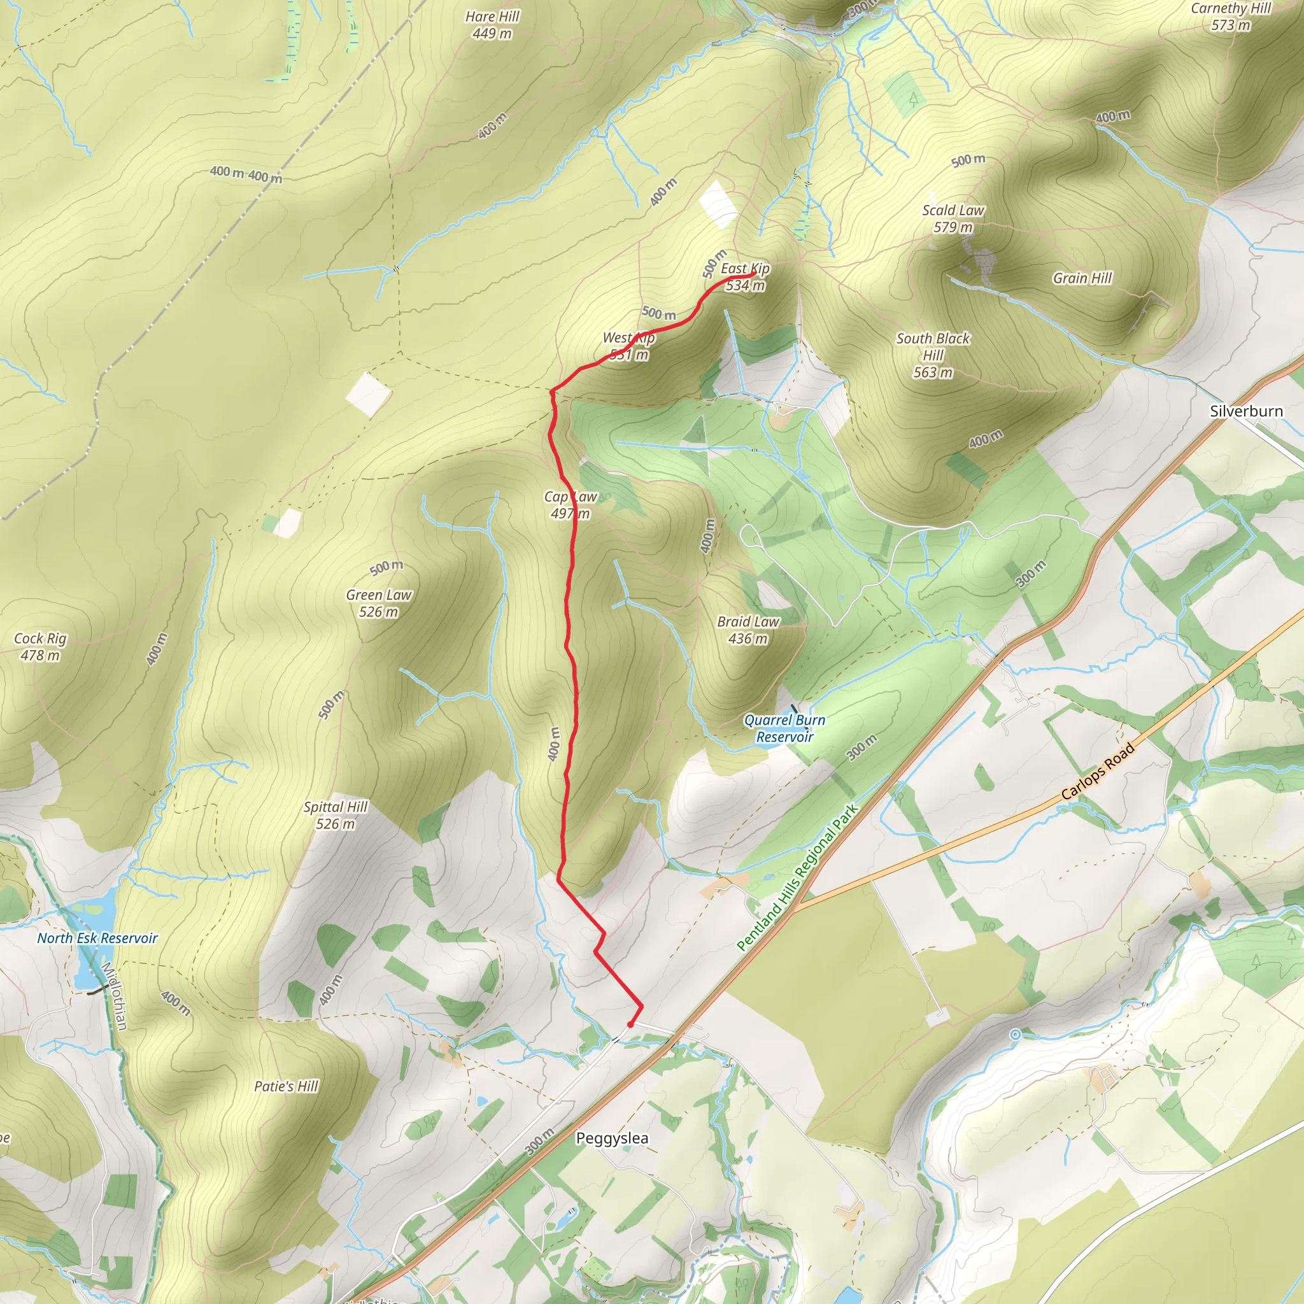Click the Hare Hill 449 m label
click(492, 25)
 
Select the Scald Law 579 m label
click(953, 218)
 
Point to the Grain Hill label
click(1082, 278)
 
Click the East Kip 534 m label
click(745, 277)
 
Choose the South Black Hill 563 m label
click(933, 355)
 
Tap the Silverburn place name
click(1246, 411)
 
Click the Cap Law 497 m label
click(570, 505)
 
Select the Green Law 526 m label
click(379, 604)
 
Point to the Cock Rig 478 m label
click(41, 647)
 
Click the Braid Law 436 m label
click(748, 630)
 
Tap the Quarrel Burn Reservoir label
click(784, 728)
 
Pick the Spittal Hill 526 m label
click(336, 814)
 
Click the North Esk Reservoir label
click(97, 938)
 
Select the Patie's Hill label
click(286, 1086)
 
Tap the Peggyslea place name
click(612, 1138)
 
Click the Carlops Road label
click(1098, 772)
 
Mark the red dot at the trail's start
click(630, 1024)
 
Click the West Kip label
click(628, 338)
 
